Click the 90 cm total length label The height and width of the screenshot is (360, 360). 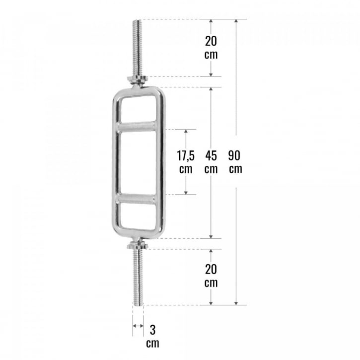click(235, 161)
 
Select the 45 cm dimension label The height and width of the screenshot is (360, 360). click(211, 161)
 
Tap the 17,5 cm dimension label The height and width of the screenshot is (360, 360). click(186, 161)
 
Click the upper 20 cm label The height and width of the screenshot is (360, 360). click(211, 48)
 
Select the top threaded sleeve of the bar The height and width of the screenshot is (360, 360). click(138, 47)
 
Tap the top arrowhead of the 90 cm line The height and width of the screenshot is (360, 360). click(236, 21)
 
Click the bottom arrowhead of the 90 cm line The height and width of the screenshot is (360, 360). click(236, 302)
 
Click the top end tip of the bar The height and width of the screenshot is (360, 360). click(138, 20)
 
